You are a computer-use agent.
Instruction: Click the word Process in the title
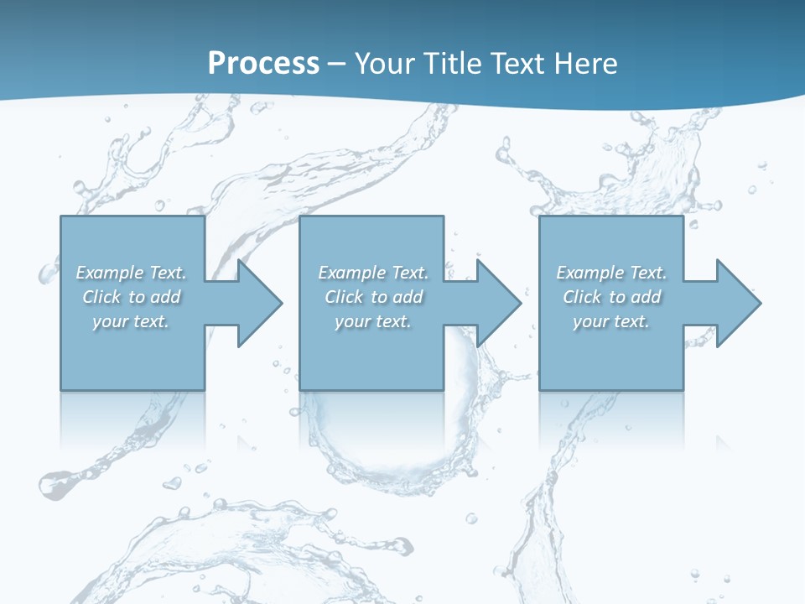coord(263,63)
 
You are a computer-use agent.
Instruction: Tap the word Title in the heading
coord(454,63)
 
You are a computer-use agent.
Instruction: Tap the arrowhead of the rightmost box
coord(738,303)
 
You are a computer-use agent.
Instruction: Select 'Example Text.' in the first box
coord(131,273)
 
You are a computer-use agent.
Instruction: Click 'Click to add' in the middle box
coord(373,297)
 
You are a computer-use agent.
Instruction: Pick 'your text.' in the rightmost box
coord(611,321)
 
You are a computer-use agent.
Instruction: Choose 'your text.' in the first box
coord(131,321)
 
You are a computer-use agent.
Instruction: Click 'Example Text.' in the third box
coord(611,273)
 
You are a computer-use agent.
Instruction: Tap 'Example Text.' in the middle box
coord(373,273)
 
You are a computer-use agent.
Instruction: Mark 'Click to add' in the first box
coord(131,297)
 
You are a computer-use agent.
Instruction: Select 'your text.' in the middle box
coord(373,321)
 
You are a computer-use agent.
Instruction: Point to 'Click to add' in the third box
coord(611,297)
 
